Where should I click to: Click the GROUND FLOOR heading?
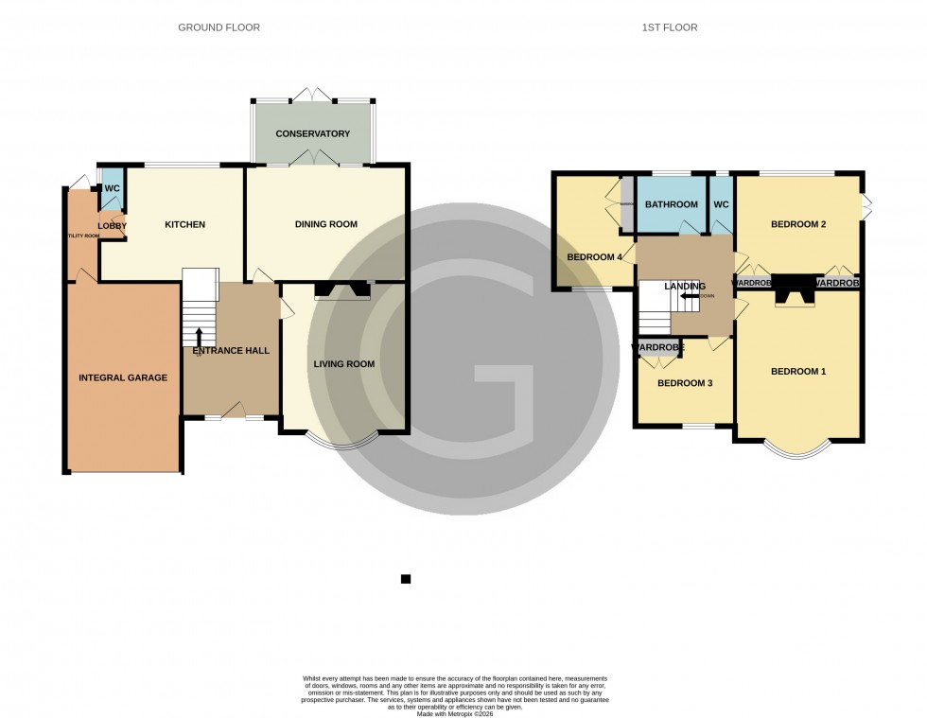click(219, 27)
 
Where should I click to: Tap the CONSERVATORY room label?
click(313, 134)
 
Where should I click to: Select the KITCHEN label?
click(184, 224)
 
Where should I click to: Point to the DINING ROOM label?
click(325, 224)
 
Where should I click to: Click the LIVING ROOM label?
click(344, 363)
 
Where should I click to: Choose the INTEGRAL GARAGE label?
click(123, 377)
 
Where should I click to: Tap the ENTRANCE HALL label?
click(231, 351)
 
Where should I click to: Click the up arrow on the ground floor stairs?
click(200, 336)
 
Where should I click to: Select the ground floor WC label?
click(113, 188)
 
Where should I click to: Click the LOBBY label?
click(112, 226)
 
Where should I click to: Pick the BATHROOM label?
click(671, 204)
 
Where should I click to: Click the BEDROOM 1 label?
click(798, 372)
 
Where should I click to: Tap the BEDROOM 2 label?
click(798, 224)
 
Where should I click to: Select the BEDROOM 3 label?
click(684, 383)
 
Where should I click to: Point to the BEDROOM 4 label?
click(594, 256)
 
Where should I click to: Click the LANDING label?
click(685, 286)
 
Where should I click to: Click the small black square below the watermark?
click(405, 579)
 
